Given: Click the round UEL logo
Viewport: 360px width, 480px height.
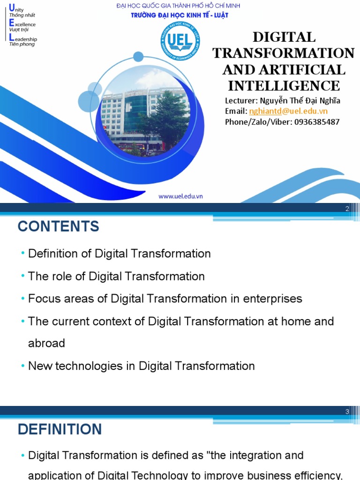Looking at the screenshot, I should [x=178, y=42].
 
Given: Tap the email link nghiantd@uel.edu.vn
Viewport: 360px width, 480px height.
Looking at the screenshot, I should [x=288, y=111].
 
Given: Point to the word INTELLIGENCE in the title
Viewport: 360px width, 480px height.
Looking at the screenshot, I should [x=284, y=86].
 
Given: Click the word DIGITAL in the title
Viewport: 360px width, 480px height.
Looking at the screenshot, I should [x=284, y=37].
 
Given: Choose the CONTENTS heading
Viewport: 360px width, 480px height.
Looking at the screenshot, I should [x=59, y=227].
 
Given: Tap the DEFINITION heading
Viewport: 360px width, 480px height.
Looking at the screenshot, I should [x=60, y=429].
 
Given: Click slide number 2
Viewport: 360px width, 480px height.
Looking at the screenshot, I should [x=347, y=209].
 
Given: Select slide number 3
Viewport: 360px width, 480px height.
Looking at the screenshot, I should [x=347, y=412].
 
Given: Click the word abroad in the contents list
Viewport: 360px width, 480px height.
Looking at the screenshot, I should [x=46, y=343].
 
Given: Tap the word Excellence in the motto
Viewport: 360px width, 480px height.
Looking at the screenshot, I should [x=25, y=24].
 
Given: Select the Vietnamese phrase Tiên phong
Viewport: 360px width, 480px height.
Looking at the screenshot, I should [x=22, y=45].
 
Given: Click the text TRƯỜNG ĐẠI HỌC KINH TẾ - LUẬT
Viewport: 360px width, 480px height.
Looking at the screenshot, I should [x=179, y=15].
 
